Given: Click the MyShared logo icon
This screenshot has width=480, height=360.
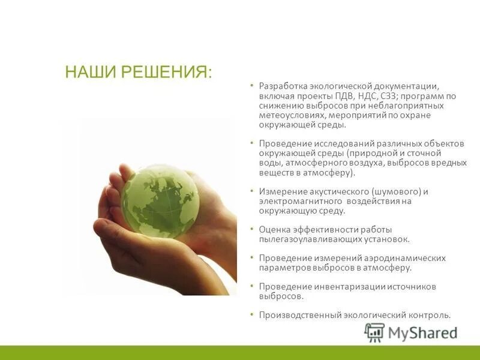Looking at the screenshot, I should pyautogui.click(x=375, y=332).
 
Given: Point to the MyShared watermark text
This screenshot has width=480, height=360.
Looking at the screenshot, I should pyautogui.click(x=423, y=332).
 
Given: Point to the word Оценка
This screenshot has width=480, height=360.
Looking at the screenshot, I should pyautogui.click(x=274, y=229).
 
